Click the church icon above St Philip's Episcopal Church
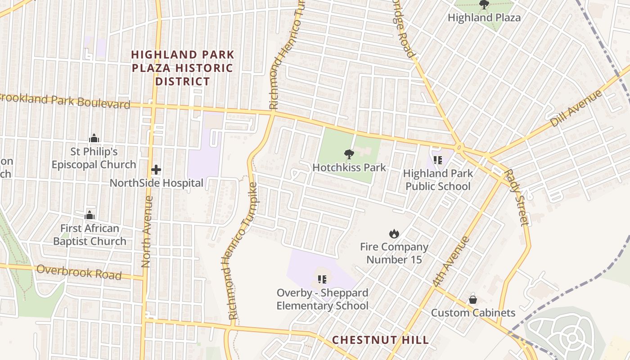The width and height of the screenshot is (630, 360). coord(94,138)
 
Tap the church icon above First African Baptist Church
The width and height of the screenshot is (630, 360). coord(90,215)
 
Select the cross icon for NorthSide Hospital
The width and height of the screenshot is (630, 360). coord(156,170)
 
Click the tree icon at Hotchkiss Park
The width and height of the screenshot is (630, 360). coord(349,154)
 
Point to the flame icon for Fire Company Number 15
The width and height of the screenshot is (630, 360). coord(394,234)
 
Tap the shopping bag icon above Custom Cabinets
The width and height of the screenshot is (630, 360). coord(473,299)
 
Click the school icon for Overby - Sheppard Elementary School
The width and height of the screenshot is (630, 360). coord(322,279)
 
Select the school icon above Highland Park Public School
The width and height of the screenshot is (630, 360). coord(437,160)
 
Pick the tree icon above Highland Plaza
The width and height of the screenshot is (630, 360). coord(484,5)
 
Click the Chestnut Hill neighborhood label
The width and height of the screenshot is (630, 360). coord(380,340)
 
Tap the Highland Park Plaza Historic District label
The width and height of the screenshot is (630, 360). coord(182,68)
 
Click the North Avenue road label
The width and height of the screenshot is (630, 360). coord(146,232)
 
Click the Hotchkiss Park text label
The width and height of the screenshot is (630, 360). coord(349,168)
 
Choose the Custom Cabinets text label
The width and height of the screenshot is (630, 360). coord(473,312)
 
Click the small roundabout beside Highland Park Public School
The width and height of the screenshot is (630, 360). coord(459,146)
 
